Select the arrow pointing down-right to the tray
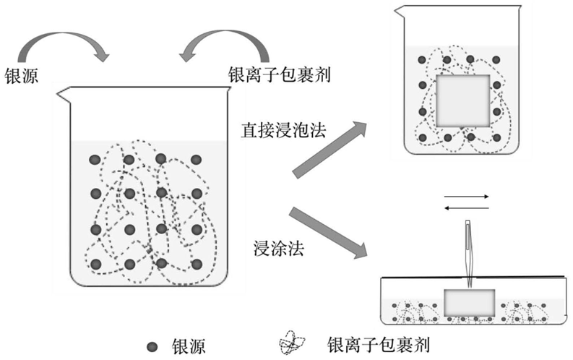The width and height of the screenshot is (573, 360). [x=328, y=232]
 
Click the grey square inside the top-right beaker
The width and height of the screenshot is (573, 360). [x=463, y=100]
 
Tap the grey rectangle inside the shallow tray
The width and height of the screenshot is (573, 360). [x=469, y=301]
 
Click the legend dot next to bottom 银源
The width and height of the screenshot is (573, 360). [x=152, y=346]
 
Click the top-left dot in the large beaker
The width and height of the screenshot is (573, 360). [x=95, y=159]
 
